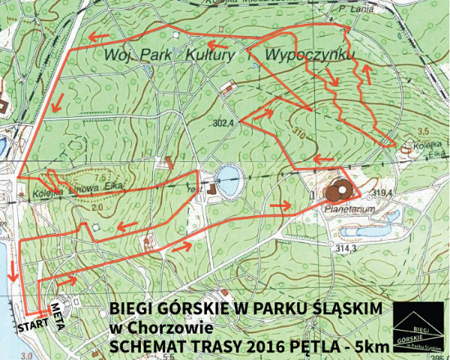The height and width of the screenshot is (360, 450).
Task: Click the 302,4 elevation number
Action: pos(223,122)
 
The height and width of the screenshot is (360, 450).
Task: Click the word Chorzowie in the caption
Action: pos(162,328)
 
